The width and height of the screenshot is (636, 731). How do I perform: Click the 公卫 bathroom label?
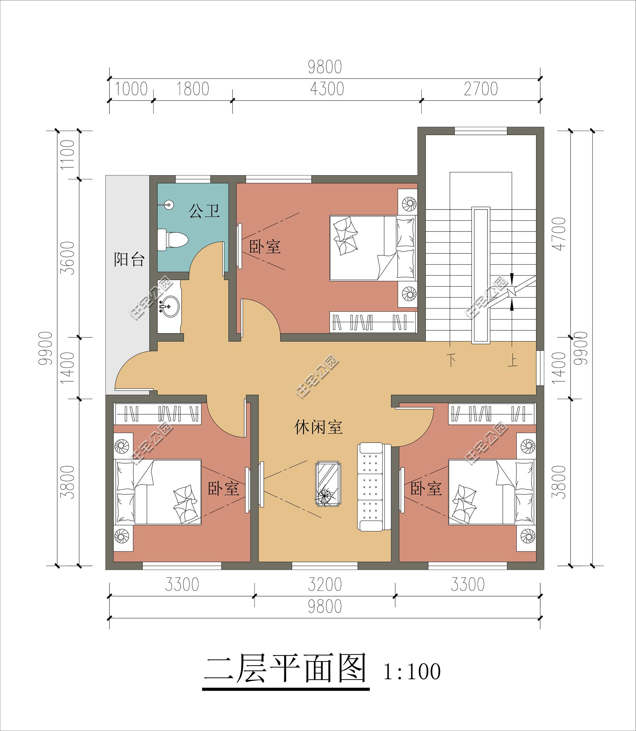coord(204,211)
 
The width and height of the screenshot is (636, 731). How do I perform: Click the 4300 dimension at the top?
coord(327,89)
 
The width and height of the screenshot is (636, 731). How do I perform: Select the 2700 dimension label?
coord(481,89)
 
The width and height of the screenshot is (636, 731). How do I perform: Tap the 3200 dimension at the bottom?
coord(325,584)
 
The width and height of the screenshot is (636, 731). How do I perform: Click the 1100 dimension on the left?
coord(68,155)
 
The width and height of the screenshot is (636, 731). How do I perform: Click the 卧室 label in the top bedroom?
coord(265,246)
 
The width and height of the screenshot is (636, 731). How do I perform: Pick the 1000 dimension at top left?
coord(131,89)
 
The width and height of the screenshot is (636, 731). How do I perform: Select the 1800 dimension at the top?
coord(193,89)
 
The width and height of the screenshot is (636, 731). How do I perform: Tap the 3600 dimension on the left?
coord(68,258)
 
